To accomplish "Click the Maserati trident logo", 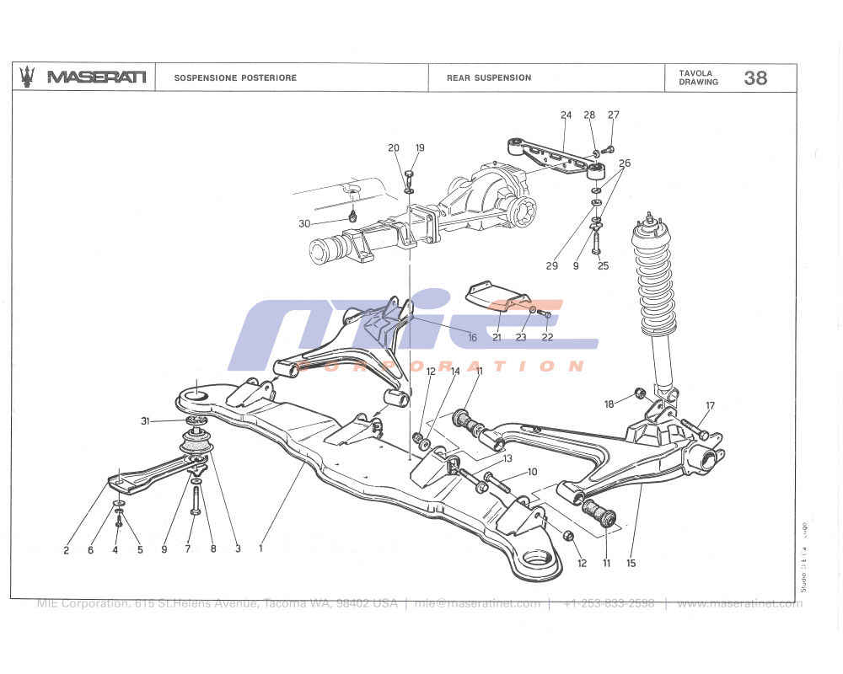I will (x=28, y=77).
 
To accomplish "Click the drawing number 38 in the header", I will (x=755, y=78).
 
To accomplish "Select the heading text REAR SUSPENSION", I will (x=489, y=78).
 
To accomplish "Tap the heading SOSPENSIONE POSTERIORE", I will (x=235, y=78).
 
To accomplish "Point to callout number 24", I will (x=566, y=115).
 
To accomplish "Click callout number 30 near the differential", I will (x=304, y=223).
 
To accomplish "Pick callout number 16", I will (x=473, y=338).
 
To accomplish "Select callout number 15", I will (x=630, y=562).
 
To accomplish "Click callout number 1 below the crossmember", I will (x=261, y=549).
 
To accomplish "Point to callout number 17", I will (x=711, y=406).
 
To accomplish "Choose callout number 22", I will (x=547, y=338).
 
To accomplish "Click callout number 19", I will (x=420, y=148).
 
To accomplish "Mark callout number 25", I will (x=603, y=266).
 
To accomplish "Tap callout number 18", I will (x=609, y=404).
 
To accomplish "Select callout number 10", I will (x=532, y=472).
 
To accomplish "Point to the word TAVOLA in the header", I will (x=695, y=73).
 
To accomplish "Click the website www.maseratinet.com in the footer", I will (x=739, y=603).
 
